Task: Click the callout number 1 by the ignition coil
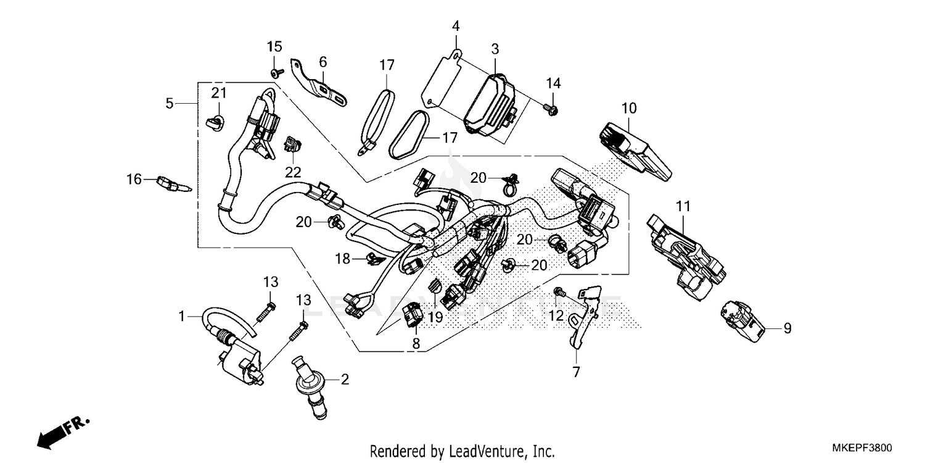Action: click(182, 317)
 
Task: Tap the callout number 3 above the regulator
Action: click(495, 49)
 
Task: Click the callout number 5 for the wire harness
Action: click(170, 104)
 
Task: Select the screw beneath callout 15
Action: click(275, 73)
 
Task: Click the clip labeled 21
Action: click(214, 121)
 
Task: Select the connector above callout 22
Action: click(292, 146)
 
